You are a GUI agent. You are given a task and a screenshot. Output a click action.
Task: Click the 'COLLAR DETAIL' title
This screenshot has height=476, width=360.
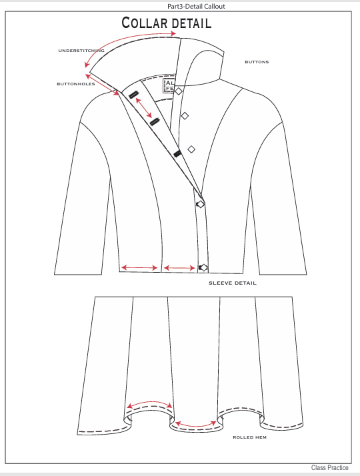pyautogui.click(x=167, y=23)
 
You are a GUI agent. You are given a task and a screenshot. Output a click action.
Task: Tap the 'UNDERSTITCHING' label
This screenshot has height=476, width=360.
pyautogui.click(x=81, y=51)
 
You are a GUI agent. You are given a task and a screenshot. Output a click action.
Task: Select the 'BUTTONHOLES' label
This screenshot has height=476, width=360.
pyautogui.click(x=76, y=84)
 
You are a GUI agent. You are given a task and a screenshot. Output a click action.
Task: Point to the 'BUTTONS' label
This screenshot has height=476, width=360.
pyautogui.click(x=257, y=62)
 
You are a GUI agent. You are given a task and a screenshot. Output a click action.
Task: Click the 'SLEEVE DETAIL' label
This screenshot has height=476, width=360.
pyautogui.click(x=233, y=283)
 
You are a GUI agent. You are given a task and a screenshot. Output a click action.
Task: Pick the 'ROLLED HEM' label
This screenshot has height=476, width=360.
pyautogui.click(x=249, y=437)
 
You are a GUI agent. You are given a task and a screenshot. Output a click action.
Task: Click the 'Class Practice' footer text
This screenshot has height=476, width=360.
pyautogui.click(x=329, y=468)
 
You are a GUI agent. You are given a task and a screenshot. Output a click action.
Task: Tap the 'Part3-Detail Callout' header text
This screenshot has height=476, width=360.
pyautogui.click(x=196, y=6)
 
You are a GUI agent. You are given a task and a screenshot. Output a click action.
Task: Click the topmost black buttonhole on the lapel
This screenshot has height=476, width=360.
pyautogui.click(x=133, y=95)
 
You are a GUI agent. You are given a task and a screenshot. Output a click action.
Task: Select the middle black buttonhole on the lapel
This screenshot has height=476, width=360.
pyautogui.click(x=155, y=122)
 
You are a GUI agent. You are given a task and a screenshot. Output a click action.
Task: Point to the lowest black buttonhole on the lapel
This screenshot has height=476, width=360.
pyautogui.click(x=177, y=154)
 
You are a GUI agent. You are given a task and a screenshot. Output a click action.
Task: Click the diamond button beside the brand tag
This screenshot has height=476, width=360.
pyautogui.click(x=179, y=91)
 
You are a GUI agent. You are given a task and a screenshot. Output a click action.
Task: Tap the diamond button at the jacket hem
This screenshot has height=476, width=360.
pyautogui.click(x=204, y=268)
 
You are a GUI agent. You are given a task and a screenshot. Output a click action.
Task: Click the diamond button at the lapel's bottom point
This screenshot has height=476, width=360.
pyautogui.click(x=201, y=204)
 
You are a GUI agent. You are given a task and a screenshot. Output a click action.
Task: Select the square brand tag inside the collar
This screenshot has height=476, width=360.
pyautogui.click(x=169, y=85)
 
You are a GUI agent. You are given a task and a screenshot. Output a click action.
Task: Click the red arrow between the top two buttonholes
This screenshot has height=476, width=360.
pyautogui.click(x=143, y=108)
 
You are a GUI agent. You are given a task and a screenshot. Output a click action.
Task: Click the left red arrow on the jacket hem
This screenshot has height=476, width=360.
pyautogui.click(x=139, y=268)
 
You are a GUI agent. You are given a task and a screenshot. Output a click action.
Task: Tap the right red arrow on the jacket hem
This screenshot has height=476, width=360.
pyautogui.click(x=179, y=268)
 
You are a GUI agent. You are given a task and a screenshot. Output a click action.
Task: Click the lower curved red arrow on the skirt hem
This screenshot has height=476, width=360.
pyautogui.click(x=196, y=426)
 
